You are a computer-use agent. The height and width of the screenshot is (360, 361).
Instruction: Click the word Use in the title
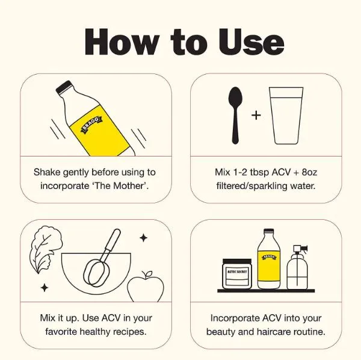[x=251, y=42]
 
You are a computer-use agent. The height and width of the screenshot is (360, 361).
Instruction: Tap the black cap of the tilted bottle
[x=64, y=87]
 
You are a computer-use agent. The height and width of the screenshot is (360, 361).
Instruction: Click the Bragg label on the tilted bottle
[x=91, y=125]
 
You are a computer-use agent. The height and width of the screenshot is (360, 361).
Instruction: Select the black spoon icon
[x=235, y=116]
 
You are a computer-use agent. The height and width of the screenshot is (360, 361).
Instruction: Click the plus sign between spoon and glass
[x=256, y=115]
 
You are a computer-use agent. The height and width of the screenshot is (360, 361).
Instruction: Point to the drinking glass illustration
[x=286, y=116]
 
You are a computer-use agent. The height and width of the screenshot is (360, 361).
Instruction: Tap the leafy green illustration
[x=46, y=249]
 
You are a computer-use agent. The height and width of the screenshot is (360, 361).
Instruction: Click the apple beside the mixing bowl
[x=146, y=287]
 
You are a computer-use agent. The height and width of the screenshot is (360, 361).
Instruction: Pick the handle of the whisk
[x=113, y=240]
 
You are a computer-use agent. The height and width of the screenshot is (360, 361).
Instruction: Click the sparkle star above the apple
[x=144, y=238]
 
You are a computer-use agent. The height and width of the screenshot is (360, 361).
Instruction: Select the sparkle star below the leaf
[x=45, y=288]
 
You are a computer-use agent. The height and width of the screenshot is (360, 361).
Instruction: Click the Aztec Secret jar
[x=237, y=274]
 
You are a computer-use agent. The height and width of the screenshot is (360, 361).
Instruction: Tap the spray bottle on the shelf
[x=297, y=267]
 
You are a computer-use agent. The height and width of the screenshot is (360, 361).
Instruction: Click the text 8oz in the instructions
[x=309, y=172]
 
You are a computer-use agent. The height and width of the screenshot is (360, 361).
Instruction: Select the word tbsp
[x=259, y=173]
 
